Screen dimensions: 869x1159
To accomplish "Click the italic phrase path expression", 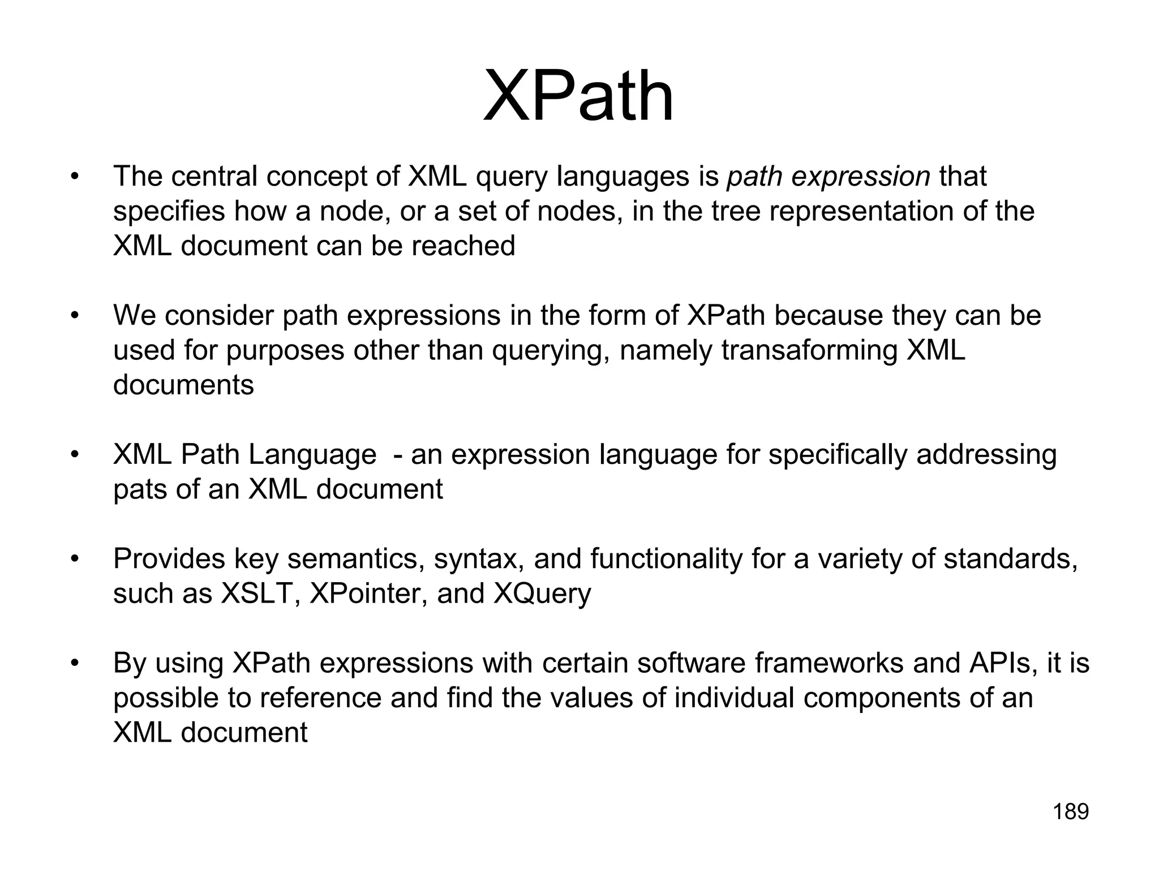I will pos(829,177).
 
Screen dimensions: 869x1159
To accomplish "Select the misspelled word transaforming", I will pos(809,350).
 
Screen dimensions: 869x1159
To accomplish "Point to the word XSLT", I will pos(256,593).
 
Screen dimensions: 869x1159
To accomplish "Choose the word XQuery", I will pos(542,593).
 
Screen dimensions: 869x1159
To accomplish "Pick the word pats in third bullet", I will pos(140,490).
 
